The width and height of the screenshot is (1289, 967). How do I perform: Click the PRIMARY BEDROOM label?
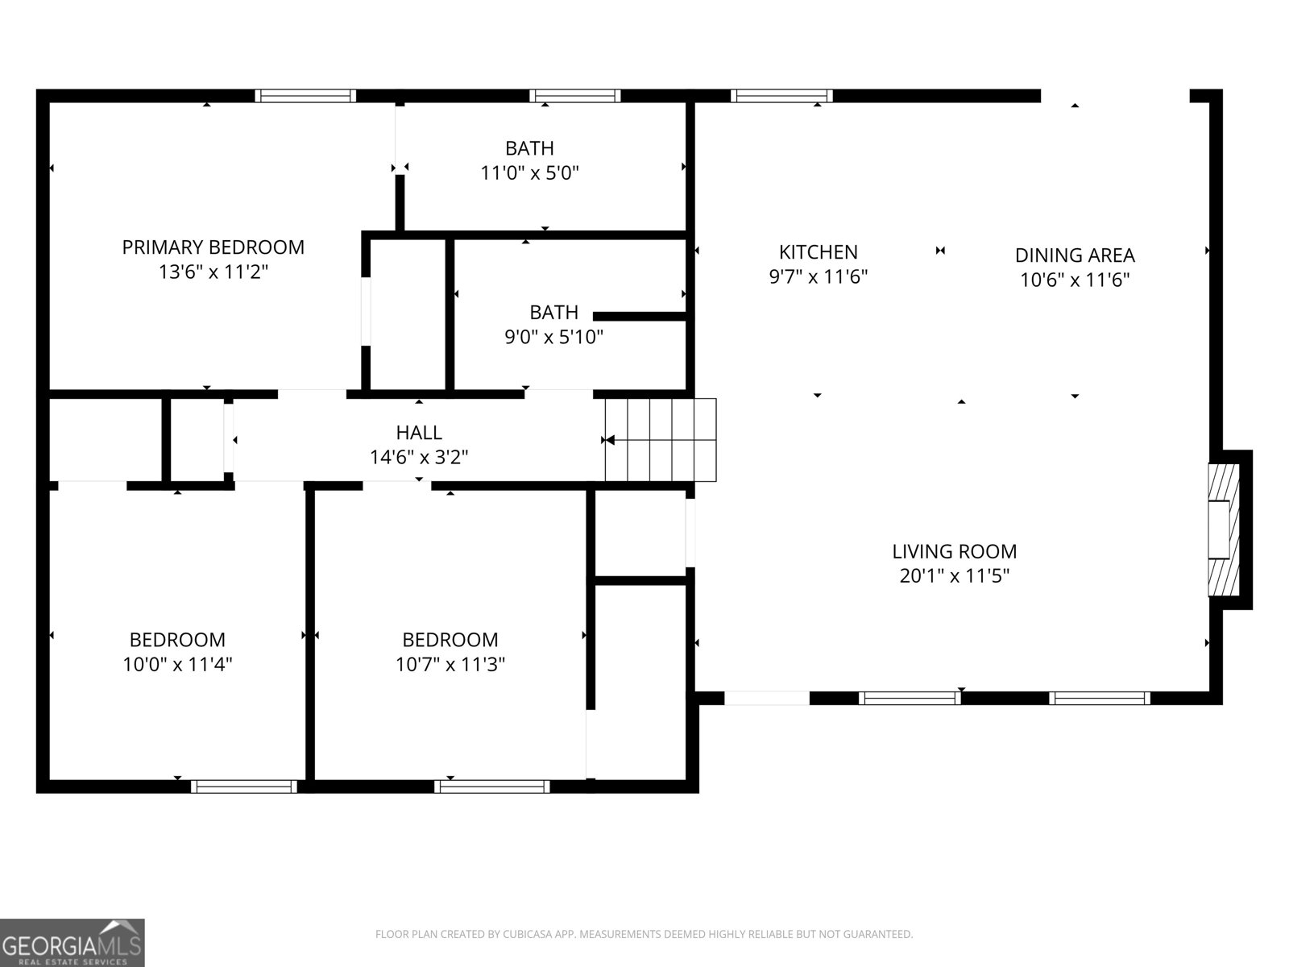coord(213,247)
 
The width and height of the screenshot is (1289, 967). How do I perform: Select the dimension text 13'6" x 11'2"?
coord(213,272)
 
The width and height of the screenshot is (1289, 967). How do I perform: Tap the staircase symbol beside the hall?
coord(661,440)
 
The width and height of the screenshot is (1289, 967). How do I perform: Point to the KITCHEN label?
coord(818,252)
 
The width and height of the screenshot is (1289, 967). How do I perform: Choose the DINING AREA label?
coord(1075,255)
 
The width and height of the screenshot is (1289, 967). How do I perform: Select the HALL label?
coord(419,433)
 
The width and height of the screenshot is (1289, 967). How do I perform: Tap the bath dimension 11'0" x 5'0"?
coord(529,173)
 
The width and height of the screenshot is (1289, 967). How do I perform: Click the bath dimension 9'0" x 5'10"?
coord(553,337)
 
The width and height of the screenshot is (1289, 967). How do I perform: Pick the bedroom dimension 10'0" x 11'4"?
coord(177,665)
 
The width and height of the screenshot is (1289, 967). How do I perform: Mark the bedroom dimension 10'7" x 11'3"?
coord(450,665)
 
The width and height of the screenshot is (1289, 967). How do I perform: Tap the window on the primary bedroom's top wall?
coord(305,96)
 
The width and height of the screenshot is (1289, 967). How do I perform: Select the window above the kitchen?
coord(781,96)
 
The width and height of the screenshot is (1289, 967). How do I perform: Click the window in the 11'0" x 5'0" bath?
coord(574,96)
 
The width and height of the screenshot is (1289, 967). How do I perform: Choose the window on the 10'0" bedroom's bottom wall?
coord(244,786)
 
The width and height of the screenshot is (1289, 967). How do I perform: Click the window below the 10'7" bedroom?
coord(492,786)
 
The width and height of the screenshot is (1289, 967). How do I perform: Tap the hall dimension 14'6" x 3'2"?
coord(419,458)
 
